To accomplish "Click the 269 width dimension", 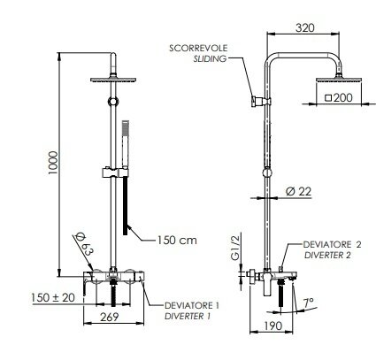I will coord(109,318).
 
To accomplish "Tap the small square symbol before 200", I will coord(329,98).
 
